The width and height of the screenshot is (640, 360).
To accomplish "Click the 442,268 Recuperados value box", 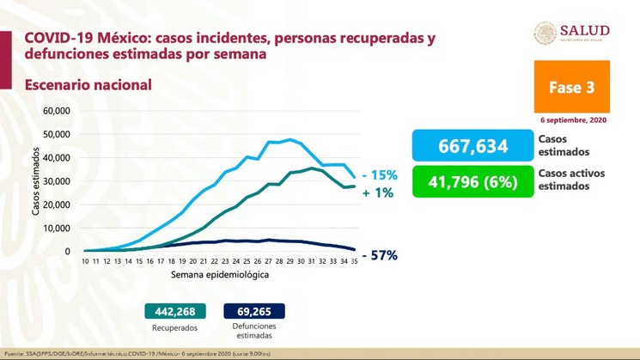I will (177, 310).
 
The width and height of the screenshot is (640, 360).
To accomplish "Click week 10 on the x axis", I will (86, 260).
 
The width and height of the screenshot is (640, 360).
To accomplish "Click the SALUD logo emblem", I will (545, 33).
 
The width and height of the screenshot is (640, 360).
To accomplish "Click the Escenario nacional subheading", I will (88, 84).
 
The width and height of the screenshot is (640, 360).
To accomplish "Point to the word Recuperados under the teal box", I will (177, 328).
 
